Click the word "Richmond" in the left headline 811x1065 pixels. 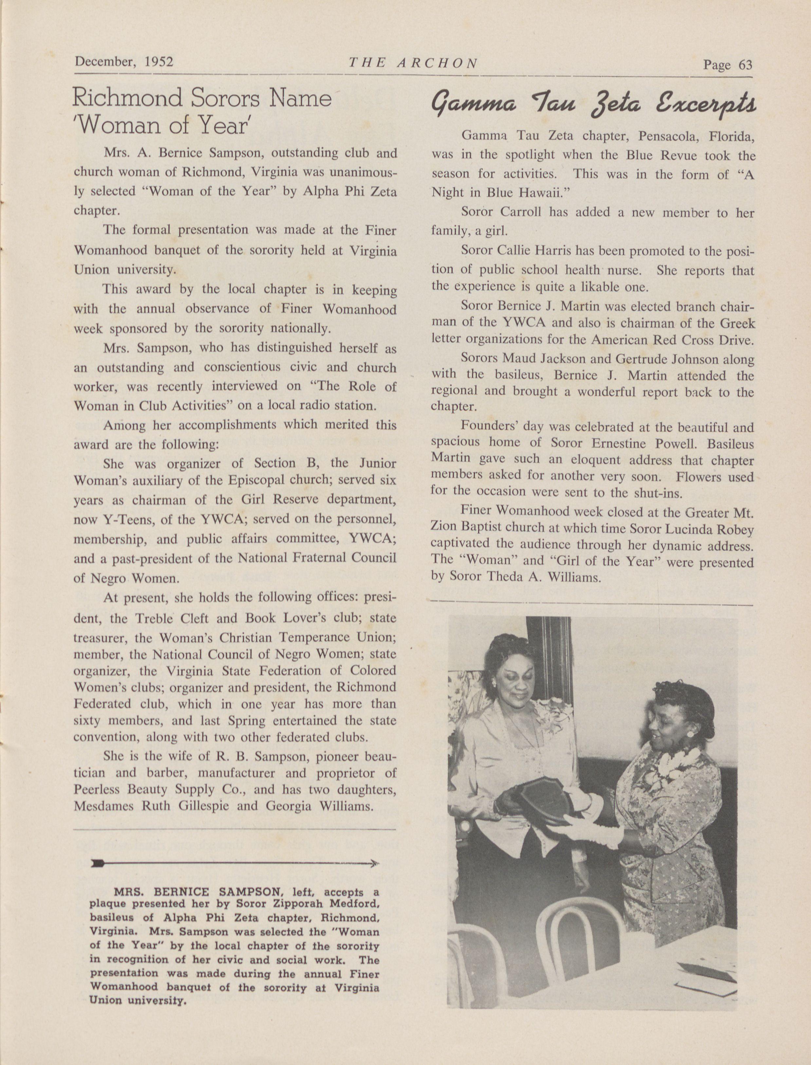coord(128,99)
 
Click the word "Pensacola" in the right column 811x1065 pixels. coord(667,137)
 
